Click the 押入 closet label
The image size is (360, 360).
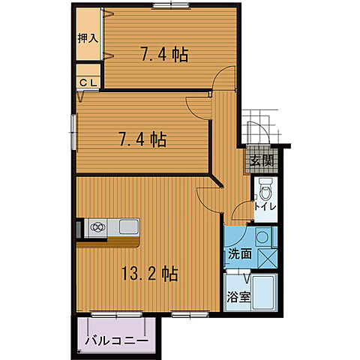coord(88,37)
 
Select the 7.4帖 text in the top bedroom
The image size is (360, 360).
coord(164,54)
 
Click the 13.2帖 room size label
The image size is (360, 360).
coord(149,274)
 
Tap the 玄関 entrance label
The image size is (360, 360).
coord(262,160)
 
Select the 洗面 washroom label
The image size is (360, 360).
coord(240,253)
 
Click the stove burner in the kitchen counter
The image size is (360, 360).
coord(98,226)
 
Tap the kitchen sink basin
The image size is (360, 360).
coord(127,226)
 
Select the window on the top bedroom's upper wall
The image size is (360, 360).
coord(169,7)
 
